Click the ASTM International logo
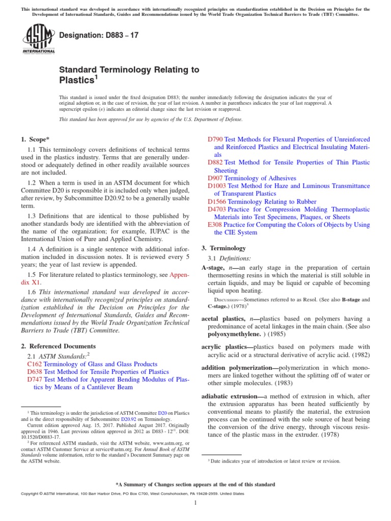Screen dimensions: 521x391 pos(39,40)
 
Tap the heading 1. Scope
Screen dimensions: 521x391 pos(35,139)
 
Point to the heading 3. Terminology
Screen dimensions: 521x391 pos(224,248)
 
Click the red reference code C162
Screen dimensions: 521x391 pos(35,364)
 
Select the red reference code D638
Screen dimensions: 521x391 pos(35,372)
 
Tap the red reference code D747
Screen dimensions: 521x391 pos(35,380)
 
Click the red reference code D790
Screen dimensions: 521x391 pos(216,139)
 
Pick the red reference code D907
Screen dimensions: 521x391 pos(216,178)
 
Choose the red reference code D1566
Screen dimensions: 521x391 pos(217,201)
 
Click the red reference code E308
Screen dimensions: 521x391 pos(215,225)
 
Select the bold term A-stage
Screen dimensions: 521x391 pos(213,267)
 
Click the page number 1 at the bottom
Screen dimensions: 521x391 pos(195,503)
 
